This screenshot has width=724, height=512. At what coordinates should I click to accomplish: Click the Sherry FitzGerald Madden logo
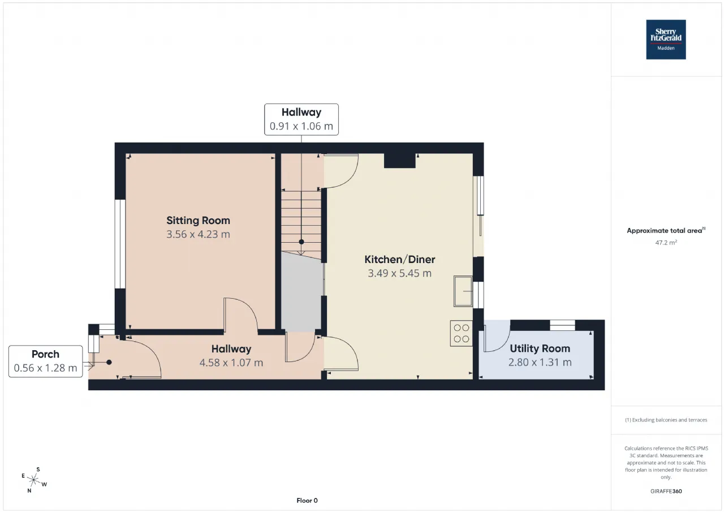666,40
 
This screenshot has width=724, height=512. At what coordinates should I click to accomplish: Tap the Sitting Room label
198,221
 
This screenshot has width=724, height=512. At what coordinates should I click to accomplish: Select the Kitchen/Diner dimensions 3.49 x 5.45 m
399,273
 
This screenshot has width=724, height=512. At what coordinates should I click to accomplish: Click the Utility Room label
540,348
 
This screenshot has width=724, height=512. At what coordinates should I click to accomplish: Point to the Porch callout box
46,361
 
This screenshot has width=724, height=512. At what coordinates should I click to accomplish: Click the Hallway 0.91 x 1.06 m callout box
301,119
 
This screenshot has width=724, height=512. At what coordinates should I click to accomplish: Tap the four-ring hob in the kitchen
461,333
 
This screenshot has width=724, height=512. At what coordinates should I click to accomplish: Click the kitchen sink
463,291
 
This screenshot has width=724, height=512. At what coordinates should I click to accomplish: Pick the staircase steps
301,223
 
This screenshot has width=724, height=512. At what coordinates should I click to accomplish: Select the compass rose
33,480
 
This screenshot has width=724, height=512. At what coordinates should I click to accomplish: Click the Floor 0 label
307,500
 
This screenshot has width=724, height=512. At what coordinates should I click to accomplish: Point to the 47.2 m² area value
666,243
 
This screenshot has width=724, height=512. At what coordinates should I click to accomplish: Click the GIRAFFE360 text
666,491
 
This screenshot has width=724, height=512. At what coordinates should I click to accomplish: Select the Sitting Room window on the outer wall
120,244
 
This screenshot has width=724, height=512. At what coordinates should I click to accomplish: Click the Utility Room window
562,325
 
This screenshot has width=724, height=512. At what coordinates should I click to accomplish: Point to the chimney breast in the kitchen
399,161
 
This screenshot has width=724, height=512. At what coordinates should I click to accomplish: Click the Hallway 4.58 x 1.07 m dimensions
231,363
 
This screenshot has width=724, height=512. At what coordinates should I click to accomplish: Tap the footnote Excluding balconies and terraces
666,420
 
